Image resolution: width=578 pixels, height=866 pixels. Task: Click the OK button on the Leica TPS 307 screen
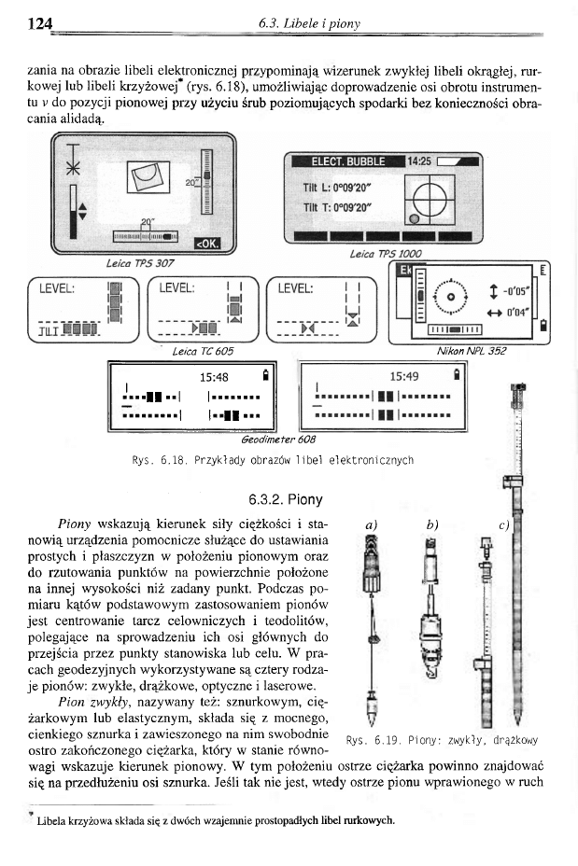205,244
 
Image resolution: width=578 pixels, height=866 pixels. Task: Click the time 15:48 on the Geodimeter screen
215,378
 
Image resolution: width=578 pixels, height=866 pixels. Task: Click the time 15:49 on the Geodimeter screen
404,378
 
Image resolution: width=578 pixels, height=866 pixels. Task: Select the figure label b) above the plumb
431,524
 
